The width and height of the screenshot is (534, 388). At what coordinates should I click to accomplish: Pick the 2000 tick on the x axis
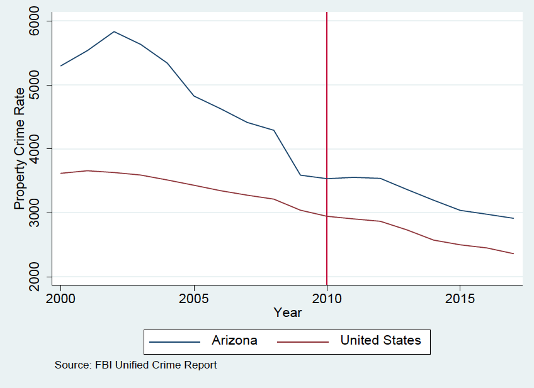[x=61, y=297]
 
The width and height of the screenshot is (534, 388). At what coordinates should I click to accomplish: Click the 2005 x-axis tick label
[x=194, y=297]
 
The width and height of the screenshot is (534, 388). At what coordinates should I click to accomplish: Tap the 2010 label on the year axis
[x=327, y=297]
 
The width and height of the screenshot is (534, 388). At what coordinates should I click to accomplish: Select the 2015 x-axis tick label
[x=460, y=297]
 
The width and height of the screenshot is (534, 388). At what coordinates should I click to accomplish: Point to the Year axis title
[x=287, y=312]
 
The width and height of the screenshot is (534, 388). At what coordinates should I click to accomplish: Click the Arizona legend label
[x=234, y=341]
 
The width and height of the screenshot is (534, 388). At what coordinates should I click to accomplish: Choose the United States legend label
[x=380, y=341]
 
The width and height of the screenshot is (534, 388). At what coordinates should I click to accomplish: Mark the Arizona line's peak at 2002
[x=114, y=31]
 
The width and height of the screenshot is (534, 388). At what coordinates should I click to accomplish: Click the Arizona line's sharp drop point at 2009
[x=300, y=175]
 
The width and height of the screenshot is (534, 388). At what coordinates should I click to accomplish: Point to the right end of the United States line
[x=513, y=253]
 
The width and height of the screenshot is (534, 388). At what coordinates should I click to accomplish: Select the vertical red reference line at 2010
[x=327, y=94]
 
